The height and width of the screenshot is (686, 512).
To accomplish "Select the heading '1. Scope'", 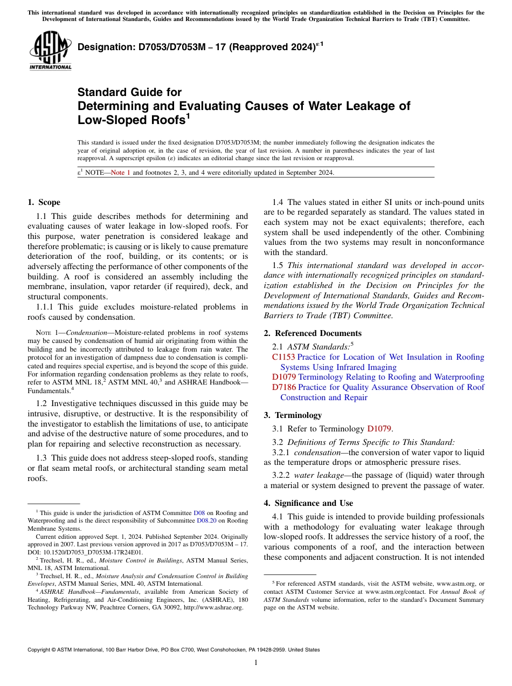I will point(44,202).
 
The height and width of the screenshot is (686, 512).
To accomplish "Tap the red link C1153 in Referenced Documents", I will point(283,357).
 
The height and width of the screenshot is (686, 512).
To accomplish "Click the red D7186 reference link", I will point(283,387).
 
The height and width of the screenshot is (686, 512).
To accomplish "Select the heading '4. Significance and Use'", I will point(308,503).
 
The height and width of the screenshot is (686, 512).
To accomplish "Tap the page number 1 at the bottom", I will point(256,662).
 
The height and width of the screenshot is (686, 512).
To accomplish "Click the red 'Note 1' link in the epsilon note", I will point(120,173).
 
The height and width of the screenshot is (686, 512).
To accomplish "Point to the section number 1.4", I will point(278,202).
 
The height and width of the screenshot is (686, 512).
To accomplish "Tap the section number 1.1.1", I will point(46,307).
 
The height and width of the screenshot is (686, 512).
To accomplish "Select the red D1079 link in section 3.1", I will point(379,429).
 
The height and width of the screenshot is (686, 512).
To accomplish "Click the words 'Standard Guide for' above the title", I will point(129,92).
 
